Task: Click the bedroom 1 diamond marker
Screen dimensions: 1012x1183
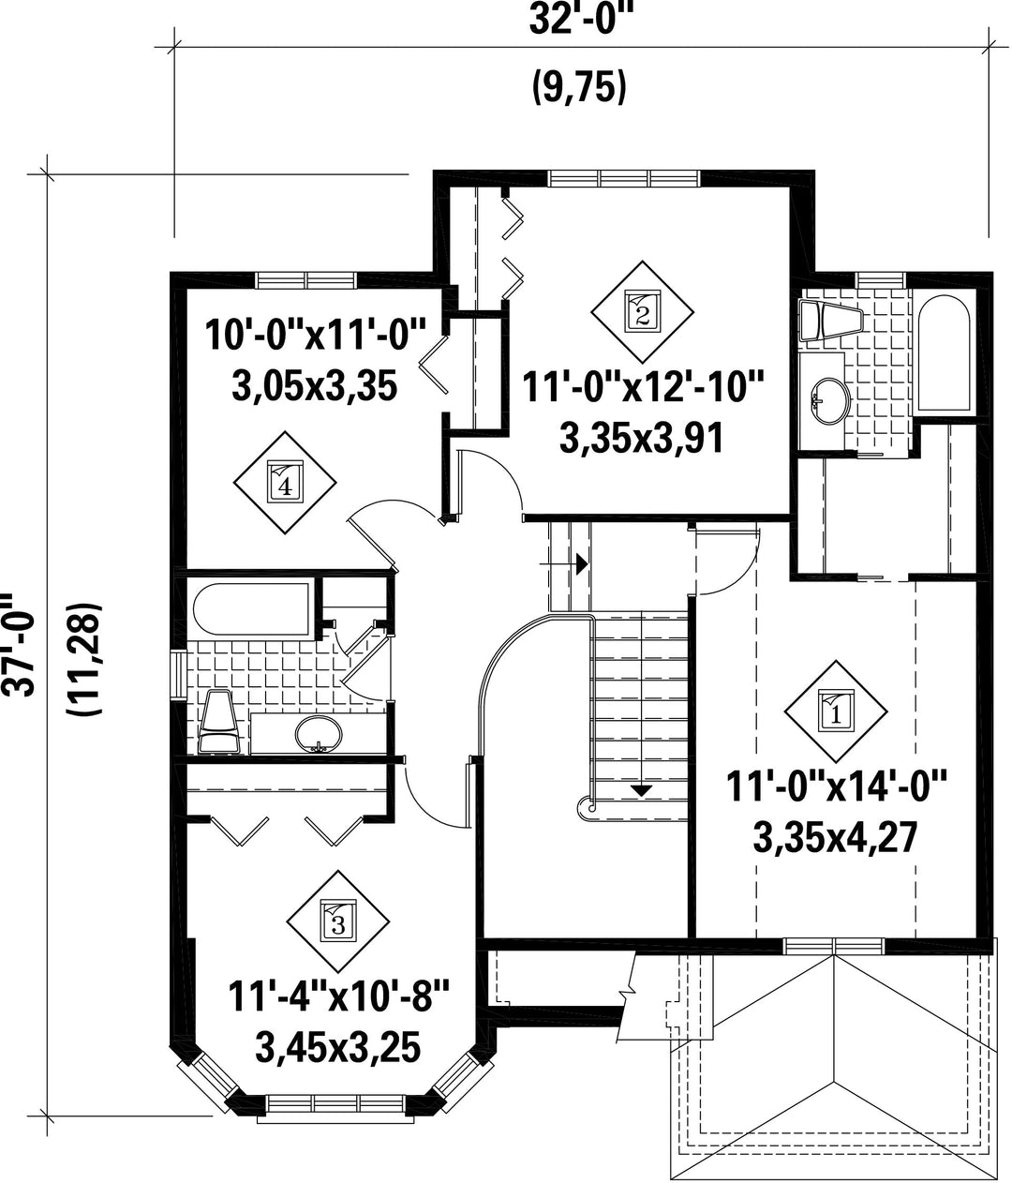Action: (835, 712)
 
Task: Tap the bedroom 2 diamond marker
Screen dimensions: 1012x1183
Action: (642, 312)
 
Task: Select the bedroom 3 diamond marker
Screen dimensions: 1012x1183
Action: (337, 921)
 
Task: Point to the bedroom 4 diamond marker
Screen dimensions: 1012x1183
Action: (285, 483)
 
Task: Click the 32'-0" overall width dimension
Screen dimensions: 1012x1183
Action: (579, 22)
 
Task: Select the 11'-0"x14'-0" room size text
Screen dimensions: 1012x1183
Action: (837, 787)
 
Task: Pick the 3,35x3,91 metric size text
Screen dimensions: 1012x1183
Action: (642, 437)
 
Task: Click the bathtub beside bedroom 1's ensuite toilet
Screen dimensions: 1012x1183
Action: (944, 352)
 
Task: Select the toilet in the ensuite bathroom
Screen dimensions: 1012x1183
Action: (829, 322)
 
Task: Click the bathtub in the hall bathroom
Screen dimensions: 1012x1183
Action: (252, 607)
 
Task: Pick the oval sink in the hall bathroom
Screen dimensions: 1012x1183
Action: (319, 733)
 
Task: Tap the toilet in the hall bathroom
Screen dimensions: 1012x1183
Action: (218, 722)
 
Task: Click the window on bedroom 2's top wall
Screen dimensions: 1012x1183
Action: (624, 178)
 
